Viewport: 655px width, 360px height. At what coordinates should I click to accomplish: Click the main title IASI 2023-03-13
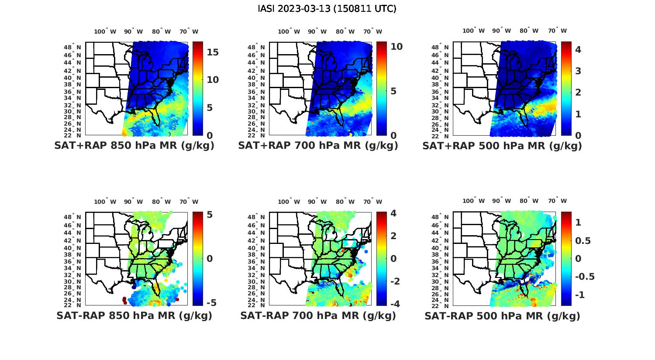(327, 9)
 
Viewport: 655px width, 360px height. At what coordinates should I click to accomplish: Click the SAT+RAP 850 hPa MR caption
(134, 146)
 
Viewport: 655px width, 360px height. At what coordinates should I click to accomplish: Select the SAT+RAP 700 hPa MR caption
(318, 146)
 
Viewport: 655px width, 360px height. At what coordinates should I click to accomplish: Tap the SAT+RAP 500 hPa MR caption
(502, 146)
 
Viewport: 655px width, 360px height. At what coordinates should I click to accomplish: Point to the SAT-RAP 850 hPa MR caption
(134, 315)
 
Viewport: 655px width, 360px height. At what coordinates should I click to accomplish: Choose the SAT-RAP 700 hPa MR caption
(318, 315)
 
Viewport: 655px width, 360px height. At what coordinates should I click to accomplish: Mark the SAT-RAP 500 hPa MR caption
(502, 315)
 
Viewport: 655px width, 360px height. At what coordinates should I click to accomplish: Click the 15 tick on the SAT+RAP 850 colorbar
(213, 52)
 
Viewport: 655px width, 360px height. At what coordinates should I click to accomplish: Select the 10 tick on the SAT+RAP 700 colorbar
(396, 47)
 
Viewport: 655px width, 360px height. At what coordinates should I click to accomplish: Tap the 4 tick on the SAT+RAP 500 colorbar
(578, 49)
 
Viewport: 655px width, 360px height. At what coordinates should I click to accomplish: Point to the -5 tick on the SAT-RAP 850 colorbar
(211, 302)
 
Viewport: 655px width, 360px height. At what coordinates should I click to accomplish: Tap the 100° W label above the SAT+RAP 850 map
(105, 31)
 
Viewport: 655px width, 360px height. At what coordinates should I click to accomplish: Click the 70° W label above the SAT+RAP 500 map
(557, 31)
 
